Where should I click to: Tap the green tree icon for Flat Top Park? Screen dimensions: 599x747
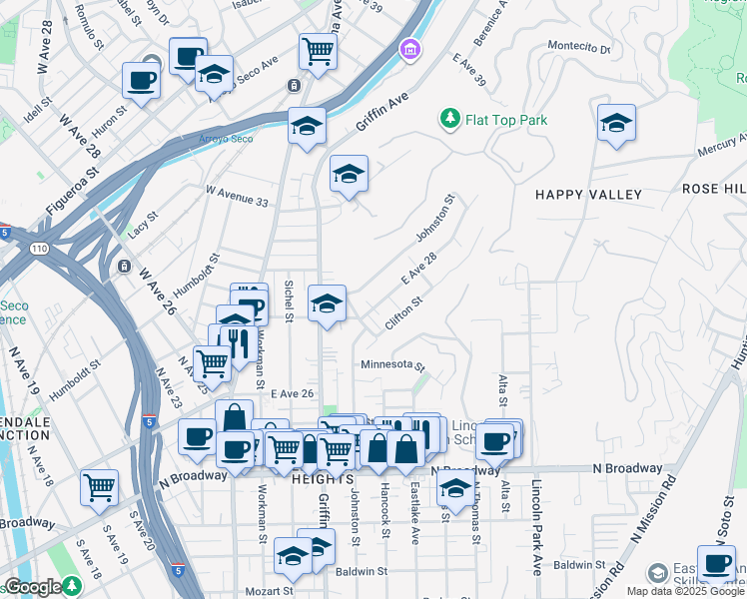[x=450, y=120]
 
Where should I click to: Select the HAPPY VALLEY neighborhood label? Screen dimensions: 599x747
[x=587, y=194]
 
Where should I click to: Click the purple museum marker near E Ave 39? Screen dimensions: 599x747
[x=408, y=49]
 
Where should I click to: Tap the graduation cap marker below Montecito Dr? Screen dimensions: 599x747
[x=616, y=123]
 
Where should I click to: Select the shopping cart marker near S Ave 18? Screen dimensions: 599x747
[x=100, y=486]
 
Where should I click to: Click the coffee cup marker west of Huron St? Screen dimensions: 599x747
[x=141, y=80]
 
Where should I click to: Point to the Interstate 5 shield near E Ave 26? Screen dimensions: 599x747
[x=148, y=421]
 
